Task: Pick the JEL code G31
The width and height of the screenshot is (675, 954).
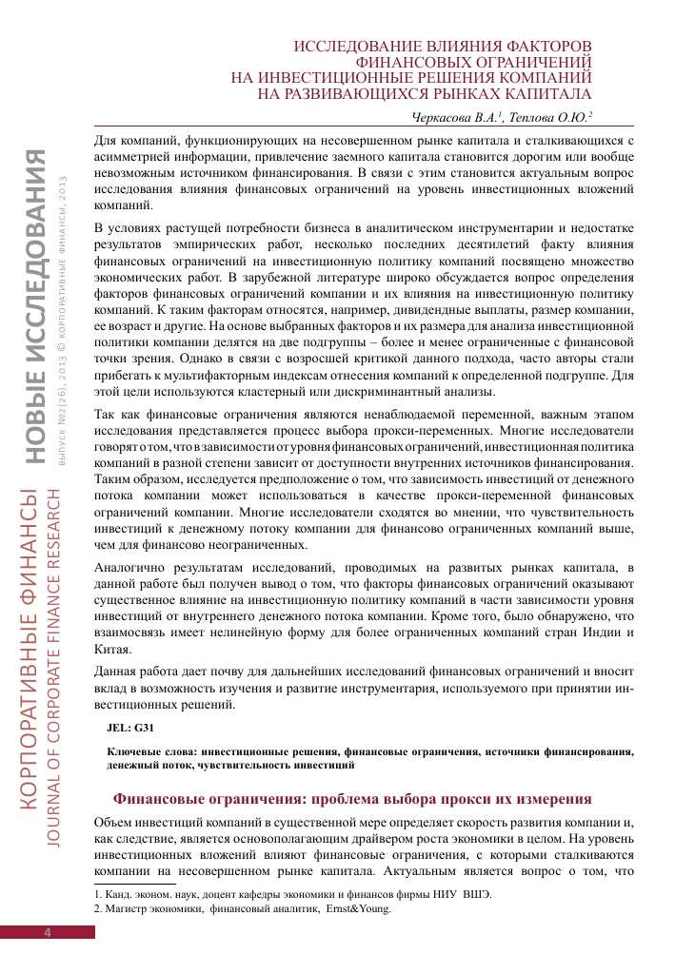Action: (130, 727)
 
